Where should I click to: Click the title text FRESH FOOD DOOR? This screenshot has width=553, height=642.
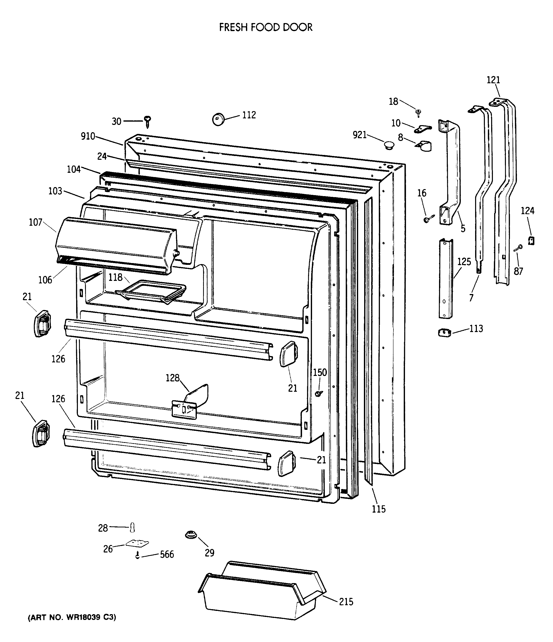coord(265,28)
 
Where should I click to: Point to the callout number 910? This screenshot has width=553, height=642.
coord(88,136)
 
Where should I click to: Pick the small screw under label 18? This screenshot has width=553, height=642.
coord(419,113)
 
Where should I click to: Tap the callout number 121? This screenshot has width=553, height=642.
coord(493,80)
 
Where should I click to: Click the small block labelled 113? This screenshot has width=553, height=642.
coord(445,333)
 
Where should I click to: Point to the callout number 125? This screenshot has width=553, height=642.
coord(464,262)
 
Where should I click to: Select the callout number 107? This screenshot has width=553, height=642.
coord(36,222)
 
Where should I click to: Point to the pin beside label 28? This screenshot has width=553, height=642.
coord(133,527)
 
